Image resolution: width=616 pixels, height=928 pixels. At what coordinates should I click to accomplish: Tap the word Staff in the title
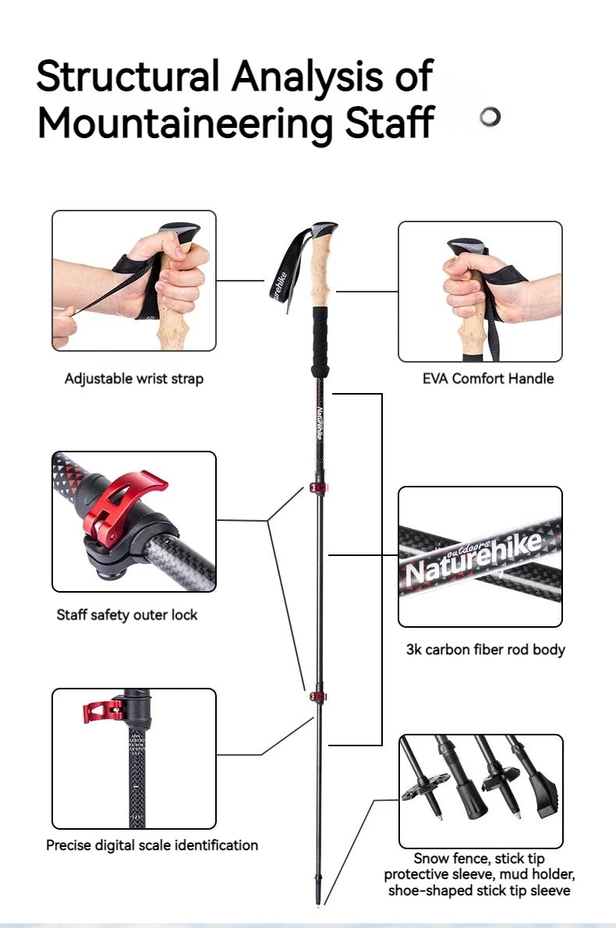pyautogui.click(x=389, y=124)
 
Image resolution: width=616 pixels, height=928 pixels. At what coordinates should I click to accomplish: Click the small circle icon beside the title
pyautogui.click(x=490, y=117)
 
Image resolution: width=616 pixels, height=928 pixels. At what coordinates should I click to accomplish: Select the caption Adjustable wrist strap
pyautogui.click(x=133, y=379)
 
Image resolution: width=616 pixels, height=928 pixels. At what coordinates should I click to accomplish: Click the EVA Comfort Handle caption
pyautogui.click(x=488, y=379)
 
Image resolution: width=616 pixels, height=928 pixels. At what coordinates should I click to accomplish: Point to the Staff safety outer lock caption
pyautogui.click(x=127, y=615)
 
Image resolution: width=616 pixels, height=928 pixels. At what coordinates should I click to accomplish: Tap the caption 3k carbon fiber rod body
pyautogui.click(x=485, y=649)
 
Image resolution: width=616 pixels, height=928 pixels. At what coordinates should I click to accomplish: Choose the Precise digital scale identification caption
pyautogui.click(x=152, y=845)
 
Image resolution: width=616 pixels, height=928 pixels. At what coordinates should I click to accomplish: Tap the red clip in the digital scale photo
pyautogui.click(x=101, y=710)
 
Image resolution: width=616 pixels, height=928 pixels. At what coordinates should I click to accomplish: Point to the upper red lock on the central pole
pyautogui.click(x=318, y=488)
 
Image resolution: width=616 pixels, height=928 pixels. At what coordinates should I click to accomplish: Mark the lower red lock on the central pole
pyautogui.click(x=317, y=693)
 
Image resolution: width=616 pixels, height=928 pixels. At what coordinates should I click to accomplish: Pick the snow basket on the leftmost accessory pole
pyautogui.click(x=425, y=783)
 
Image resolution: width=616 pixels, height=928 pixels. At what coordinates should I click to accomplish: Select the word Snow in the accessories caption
pyautogui.click(x=431, y=859)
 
